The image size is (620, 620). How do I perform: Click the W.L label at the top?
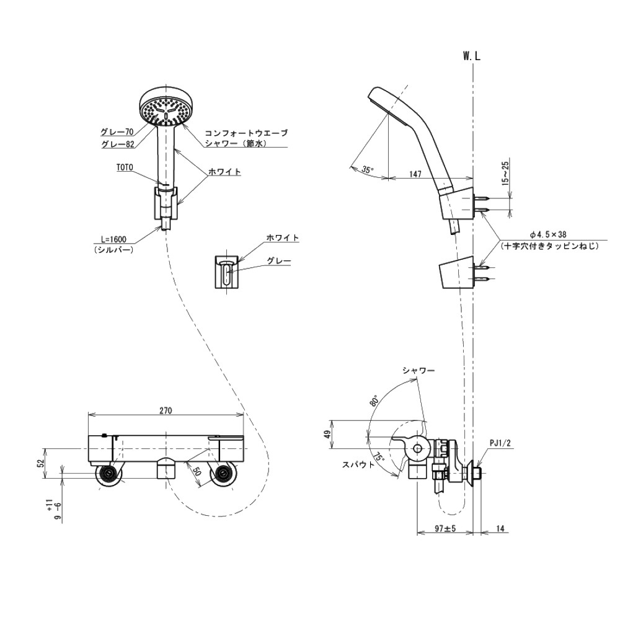(471, 56)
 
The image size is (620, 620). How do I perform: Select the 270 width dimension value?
(166, 410)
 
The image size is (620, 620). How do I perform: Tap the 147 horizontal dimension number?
(415, 174)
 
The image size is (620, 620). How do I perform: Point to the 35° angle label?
(367, 170)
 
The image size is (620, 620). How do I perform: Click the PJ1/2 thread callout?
(500, 443)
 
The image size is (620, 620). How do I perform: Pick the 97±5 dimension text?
(445, 528)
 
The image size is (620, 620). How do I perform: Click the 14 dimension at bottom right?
(500, 528)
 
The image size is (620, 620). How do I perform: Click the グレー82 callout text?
(117, 144)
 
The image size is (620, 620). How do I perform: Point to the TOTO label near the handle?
(125, 167)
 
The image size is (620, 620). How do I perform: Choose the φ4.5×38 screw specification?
(549, 234)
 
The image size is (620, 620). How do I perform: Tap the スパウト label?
(358, 464)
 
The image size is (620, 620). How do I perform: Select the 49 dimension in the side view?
(327, 434)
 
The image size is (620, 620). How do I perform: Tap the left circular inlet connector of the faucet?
(108, 474)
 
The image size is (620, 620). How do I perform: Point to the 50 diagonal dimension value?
(198, 472)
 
